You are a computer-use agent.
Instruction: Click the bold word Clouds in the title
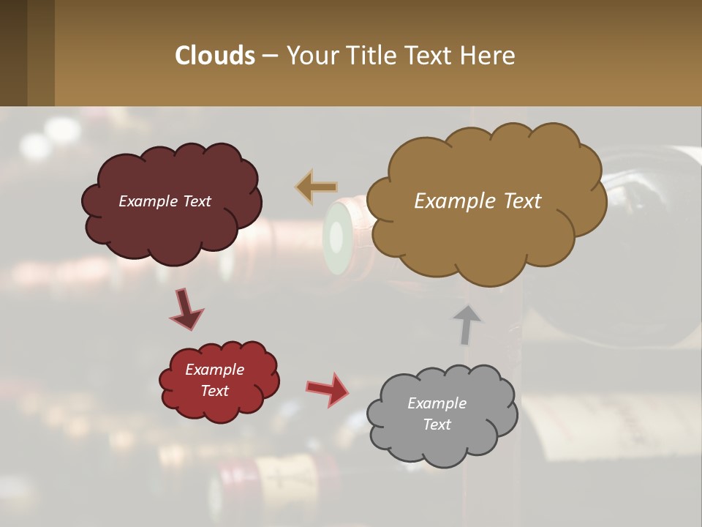pos(214,56)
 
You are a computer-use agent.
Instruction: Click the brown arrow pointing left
pos(317,187)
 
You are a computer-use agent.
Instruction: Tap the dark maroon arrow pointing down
pos(186,310)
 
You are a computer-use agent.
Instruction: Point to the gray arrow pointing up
pos(467,324)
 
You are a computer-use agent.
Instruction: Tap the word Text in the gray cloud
pos(437,425)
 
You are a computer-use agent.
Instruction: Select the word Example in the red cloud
pos(214,370)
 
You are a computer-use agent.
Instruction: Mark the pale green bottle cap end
pos(336,237)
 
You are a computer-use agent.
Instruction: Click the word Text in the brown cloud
pos(520,201)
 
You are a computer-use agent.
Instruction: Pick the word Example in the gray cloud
pos(437,403)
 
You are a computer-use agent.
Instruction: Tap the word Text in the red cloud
pos(214,391)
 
